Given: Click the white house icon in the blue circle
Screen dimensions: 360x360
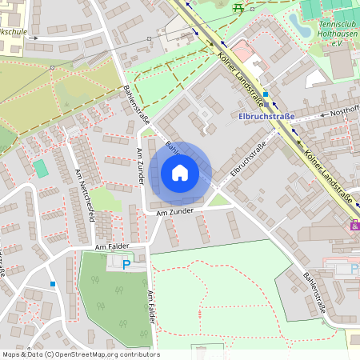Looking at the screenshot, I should pyautogui.click(x=180, y=172).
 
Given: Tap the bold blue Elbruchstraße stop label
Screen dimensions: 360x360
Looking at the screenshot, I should pyautogui.click(x=266, y=116).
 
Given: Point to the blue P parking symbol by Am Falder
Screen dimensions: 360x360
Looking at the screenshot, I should pyautogui.click(x=126, y=263).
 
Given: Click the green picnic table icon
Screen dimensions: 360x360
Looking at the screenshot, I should pyautogui.click(x=238, y=7).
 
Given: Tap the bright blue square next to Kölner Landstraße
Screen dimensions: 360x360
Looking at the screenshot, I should pyautogui.click(x=266, y=94).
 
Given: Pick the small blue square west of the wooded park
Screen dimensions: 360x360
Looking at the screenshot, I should pyautogui.click(x=53, y=283).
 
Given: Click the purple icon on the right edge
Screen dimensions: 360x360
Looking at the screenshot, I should pyautogui.click(x=354, y=226).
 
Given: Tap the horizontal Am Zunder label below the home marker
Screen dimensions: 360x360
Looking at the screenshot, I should pyautogui.click(x=175, y=213).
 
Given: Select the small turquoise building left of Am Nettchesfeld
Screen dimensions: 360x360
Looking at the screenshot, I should pyautogui.click(x=40, y=168).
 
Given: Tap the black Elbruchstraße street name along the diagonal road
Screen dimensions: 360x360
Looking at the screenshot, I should pyautogui.click(x=248, y=160).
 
